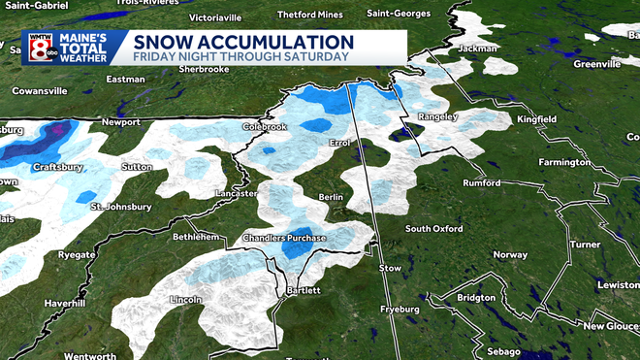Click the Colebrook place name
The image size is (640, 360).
(267, 127)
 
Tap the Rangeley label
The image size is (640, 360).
(437, 116)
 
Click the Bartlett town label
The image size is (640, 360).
(303, 290)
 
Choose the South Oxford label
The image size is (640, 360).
(434, 229)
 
